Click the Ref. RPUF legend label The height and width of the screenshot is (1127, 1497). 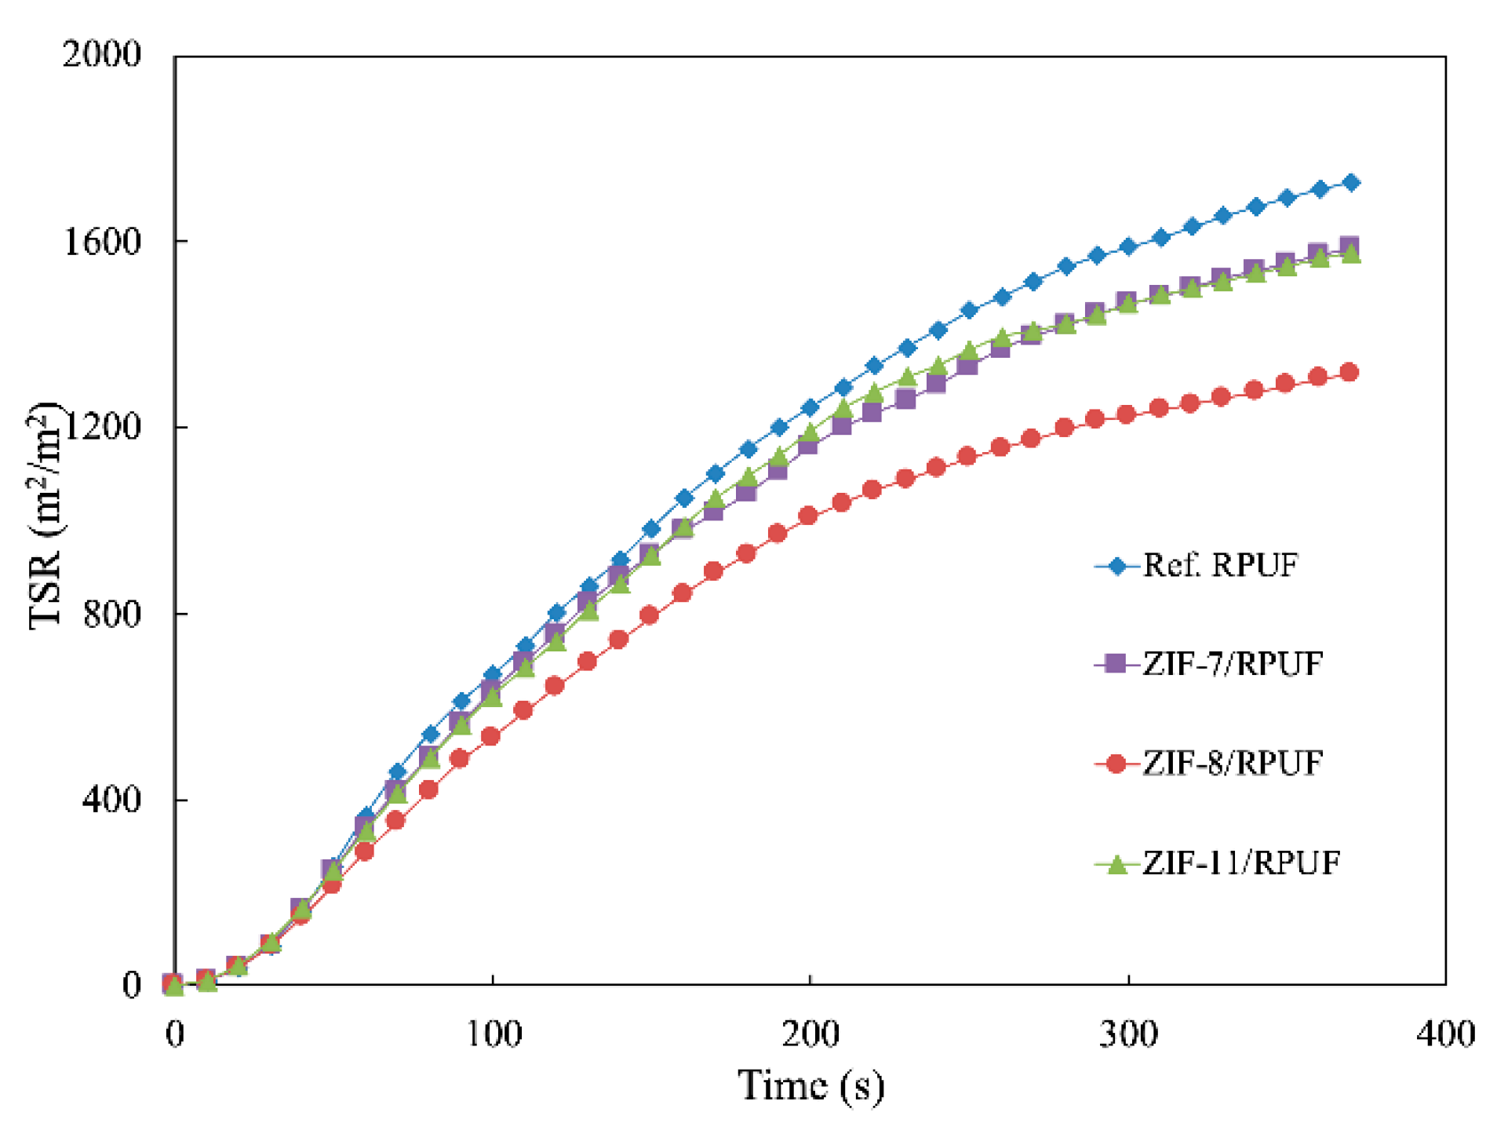click(1220, 565)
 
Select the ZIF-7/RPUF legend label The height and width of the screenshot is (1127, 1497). click(1233, 664)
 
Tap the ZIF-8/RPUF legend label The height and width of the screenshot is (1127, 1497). click(1233, 763)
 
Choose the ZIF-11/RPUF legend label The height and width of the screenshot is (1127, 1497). click(1241, 863)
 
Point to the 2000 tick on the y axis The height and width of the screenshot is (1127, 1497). click(101, 55)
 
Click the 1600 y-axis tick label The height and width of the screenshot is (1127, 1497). click(101, 242)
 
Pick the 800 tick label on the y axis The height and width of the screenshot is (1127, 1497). click(111, 613)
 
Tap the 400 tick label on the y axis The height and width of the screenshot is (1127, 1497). click(111, 799)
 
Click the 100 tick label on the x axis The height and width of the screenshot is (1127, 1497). click(494, 1034)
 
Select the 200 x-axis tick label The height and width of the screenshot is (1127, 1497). click(810, 1034)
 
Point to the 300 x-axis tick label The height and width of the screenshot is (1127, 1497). click(1128, 1034)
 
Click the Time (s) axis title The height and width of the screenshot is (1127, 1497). click(810, 1086)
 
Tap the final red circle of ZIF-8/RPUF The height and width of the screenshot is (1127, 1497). click(1349, 372)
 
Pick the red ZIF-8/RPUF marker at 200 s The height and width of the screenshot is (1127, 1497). click(808, 516)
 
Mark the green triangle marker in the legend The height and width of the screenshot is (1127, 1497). click(1116, 864)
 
